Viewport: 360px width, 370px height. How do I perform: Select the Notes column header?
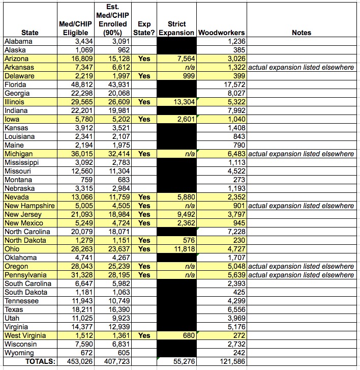point(302,33)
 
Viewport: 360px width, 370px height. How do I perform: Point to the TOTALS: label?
point(36,361)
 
